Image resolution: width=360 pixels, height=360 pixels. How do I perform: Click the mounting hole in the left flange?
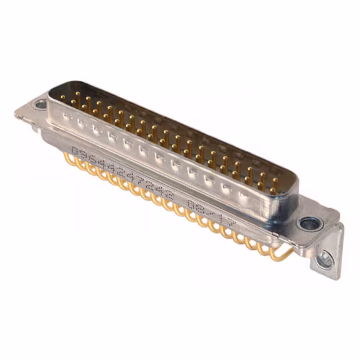click(40, 105)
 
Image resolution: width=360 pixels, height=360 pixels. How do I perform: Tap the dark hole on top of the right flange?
click(309, 224)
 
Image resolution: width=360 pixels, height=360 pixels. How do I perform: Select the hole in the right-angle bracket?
click(324, 259)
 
